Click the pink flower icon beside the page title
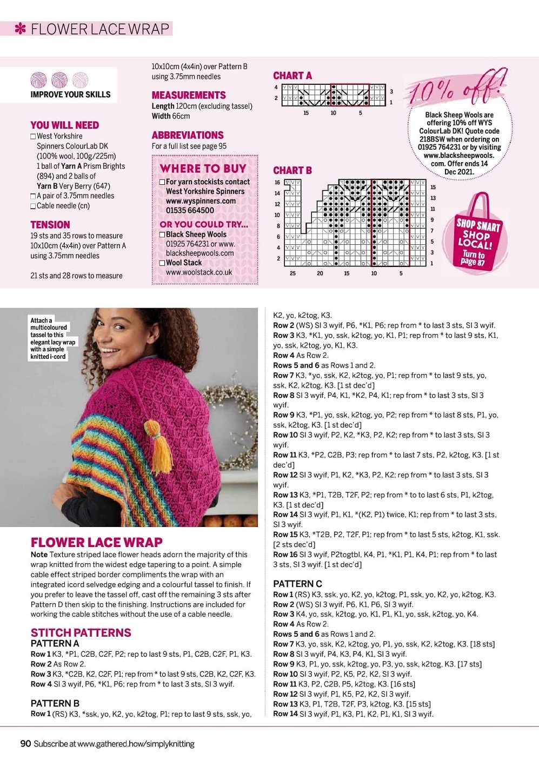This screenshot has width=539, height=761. pyautogui.click(x=21, y=29)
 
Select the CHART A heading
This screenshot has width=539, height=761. pyautogui.click(x=292, y=76)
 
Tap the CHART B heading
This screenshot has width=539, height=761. pyautogui.click(x=292, y=170)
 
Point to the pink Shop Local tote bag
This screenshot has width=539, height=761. pyautogui.click(x=478, y=235)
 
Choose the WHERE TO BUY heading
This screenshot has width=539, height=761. pyautogui.click(x=203, y=168)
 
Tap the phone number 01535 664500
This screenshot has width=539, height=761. pyautogui.click(x=190, y=210)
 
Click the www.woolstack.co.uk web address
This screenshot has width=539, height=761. pyautogui.click(x=199, y=272)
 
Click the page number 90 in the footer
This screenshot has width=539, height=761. pyautogui.click(x=25, y=744)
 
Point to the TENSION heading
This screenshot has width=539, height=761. pyautogui.click(x=50, y=224)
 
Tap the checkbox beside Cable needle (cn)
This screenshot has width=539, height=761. pyautogui.click(x=33, y=206)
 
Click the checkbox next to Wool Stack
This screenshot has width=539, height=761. pyautogui.click(x=162, y=263)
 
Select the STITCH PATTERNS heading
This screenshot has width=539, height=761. pyautogui.click(x=81, y=632)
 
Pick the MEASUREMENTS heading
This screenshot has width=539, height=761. pyautogui.click(x=189, y=95)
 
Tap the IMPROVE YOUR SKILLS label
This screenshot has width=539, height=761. pyautogui.click(x=70, y=95)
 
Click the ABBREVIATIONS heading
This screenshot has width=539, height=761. pyautogui.click(x=188, y=135)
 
